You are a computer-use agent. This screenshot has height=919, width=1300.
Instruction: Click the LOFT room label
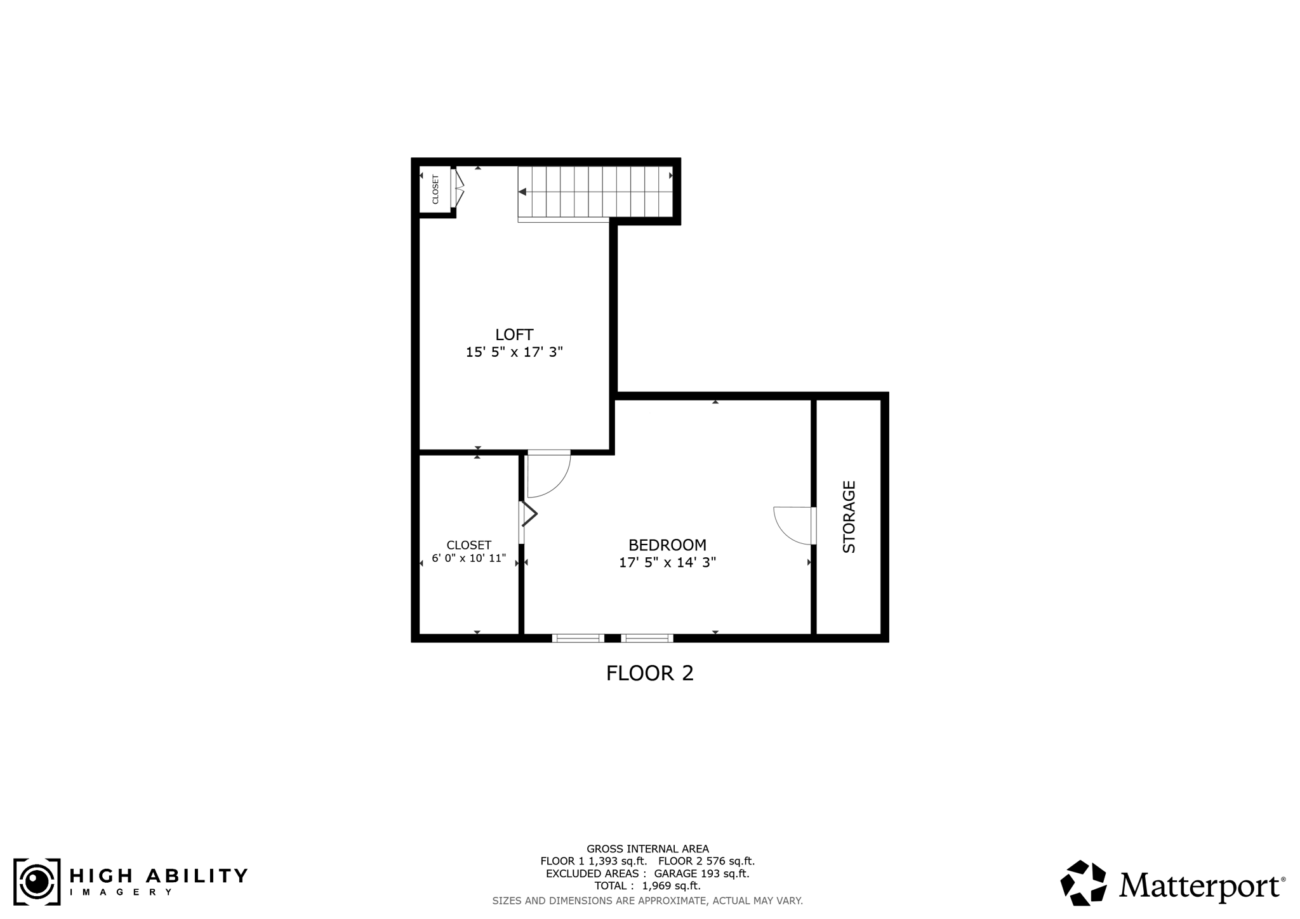point(514,334)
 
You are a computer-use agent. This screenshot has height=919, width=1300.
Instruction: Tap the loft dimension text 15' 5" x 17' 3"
point(514,352)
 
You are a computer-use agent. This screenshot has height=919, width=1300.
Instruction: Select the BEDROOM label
point(667,545)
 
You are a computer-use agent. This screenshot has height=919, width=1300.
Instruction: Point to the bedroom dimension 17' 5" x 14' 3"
point(667,562)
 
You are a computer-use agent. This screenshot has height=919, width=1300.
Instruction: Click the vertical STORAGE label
point(849,517)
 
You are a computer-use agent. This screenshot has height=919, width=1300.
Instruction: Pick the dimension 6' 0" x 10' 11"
point(468,559)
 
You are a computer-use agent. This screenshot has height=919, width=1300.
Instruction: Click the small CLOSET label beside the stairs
point(435,189)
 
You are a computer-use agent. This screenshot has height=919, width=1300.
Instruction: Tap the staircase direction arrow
point(522,192)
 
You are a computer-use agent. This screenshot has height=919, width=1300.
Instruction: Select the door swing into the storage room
point(793,525)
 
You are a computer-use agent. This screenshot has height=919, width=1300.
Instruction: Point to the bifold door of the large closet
point(528,515)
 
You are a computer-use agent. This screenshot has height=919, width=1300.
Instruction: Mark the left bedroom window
point(578,638)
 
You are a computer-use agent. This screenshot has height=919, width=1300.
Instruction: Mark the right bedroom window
point(647,638)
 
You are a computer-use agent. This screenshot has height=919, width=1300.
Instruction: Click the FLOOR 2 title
point(649,673)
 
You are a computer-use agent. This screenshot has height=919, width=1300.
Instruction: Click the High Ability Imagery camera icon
point(37,882)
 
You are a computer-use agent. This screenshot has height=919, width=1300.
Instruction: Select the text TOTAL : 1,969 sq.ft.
point(647,886)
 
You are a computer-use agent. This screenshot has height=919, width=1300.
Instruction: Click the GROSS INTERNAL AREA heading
point(647,849)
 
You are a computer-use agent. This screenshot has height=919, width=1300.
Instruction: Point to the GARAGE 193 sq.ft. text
point(701,874)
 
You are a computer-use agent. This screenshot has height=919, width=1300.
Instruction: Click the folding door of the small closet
point(458,188)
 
